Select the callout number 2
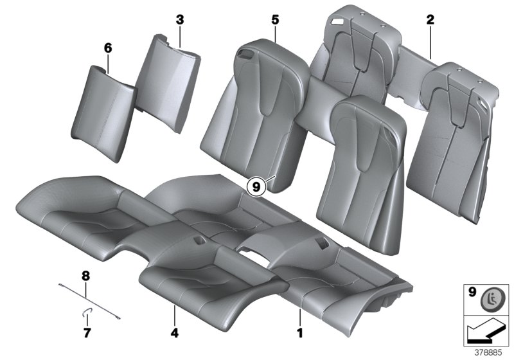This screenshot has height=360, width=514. pyautogui.click(x=430, y=20)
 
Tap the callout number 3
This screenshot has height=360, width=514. pyautogui.click(x=180, y=20)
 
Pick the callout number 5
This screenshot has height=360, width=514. pyautogui.click(x=275, y=20)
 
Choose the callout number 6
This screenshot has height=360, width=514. pyautogui.click(x=108, y=48)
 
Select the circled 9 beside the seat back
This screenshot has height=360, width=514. pyautogui.click(x=256, y=187)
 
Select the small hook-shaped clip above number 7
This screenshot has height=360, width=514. pyautogui.click(x=85, y=312)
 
